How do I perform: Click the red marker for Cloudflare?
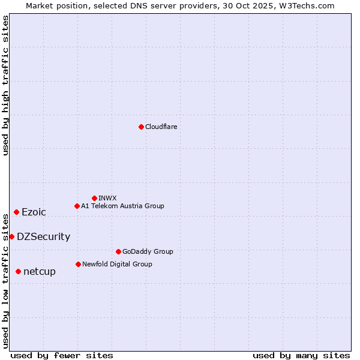click(141, 127)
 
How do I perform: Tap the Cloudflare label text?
click(161, 127)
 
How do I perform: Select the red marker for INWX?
click(94, 198)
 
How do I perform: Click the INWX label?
click(107, 198)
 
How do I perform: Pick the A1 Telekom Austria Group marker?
click(77, 206)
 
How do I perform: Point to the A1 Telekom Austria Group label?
click(122, 206)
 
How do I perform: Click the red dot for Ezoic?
click(16, 212)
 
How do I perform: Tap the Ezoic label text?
click(34, 212)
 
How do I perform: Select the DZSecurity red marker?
click(11, 236)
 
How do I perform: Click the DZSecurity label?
click(43, 236)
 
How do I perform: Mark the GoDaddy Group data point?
click(118, 251)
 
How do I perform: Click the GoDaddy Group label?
click(148, 251)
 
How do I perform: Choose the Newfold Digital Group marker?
click(78, 264)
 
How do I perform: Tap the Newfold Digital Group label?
click(117, 264)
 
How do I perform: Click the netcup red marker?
click(18, 271)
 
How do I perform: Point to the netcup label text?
click(40, 271)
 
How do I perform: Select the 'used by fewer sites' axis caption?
click(62, 355)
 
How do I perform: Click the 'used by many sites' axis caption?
click(301, 355)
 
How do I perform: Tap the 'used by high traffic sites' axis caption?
click(5, 85)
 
